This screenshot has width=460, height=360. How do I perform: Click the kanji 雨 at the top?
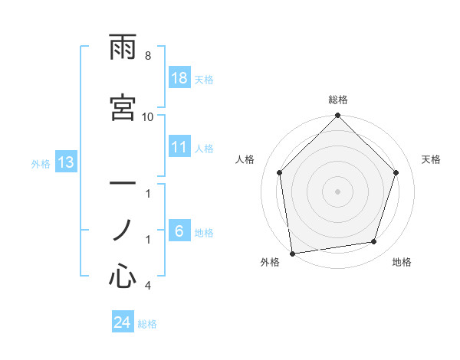[x=123, y=48]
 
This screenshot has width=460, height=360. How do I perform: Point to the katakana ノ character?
[x=123, y=228]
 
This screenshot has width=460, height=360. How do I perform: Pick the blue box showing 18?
[x=179, y=78]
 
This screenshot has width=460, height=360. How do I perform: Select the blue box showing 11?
[x=179, y=148]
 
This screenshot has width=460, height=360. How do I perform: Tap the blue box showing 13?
[x=65, y=162]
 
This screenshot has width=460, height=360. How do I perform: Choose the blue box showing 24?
[x=122, y=322]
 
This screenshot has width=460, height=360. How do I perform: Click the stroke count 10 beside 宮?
[x=148, y=117]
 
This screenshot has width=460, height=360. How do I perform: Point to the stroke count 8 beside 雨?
[x=148, y=56]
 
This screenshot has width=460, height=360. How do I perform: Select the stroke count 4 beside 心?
[x=148, y=286]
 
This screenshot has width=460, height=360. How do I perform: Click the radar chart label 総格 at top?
[x=338, y=100]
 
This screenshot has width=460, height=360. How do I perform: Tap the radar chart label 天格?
[x=432, y=159]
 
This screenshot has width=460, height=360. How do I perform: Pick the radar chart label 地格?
[x=402, y=263]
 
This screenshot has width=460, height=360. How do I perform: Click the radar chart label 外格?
[x=270, y=263]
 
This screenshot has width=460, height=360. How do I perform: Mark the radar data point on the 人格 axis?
[x=280, y=172]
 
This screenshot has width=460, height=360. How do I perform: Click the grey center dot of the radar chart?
[x=338, y=191]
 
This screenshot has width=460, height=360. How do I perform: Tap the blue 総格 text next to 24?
[x=147, y=324]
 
